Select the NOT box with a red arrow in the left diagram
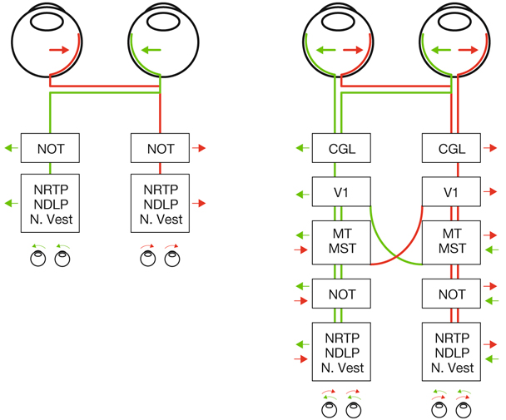pos(160,149)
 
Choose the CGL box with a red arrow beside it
pos(451,149)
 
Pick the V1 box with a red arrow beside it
pos(451,193)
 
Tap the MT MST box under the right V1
pos(451,242)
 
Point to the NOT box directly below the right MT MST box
pos(451,294)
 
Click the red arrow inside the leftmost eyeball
pos(59,50)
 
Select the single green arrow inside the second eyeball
pos(150,50)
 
